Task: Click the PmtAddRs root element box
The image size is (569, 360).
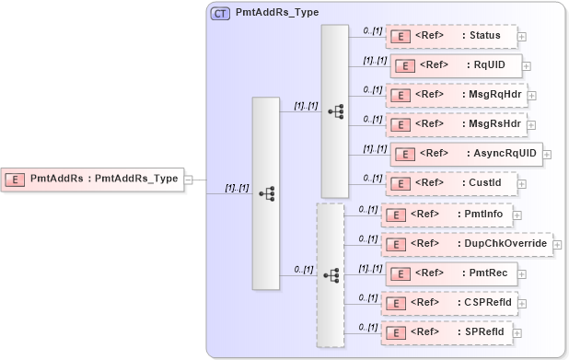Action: point(93,179)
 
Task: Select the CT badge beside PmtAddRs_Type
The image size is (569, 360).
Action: point(221,15)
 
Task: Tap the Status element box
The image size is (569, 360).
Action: point(450,36)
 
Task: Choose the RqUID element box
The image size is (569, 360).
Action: point(457,65)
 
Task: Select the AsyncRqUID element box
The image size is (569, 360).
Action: point(466,153)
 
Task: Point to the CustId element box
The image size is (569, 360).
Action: point(450,182)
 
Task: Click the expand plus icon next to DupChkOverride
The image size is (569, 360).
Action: point(557,244)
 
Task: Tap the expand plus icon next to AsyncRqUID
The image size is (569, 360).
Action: point(547,154)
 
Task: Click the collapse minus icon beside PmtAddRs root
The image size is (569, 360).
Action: point(189,179)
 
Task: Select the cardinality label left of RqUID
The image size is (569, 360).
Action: point(375,60)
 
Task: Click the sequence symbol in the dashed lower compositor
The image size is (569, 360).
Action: point(331,274)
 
